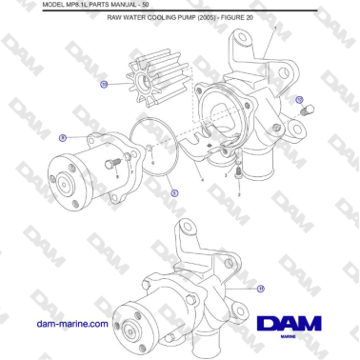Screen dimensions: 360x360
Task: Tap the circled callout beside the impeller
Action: tap(104, 84)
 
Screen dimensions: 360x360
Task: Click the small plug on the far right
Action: tap(307, 113)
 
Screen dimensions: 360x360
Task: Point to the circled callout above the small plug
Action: tap(298, 98)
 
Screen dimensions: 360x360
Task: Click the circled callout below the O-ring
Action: tap(173, 192)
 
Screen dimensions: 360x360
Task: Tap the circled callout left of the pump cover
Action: tap(62, 137)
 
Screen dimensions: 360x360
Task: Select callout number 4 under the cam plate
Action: tap(202, 180)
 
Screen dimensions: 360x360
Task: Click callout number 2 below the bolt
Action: tap(239, 193)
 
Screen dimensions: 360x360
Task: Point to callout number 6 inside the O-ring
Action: tap(153, 162)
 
